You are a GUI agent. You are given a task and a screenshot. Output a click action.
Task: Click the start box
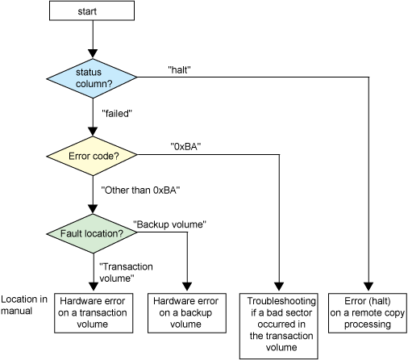[x=92, y=10]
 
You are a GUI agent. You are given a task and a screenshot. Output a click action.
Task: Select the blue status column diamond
[x=92, y=78]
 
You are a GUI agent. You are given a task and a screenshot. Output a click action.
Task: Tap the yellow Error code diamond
[x=92, y=156]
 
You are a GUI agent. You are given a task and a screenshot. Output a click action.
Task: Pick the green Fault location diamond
[x=92, y=233]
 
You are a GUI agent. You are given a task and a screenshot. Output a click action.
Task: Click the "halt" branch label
[x=179, y=70]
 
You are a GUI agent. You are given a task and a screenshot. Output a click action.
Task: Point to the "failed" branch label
[x=117, y=114]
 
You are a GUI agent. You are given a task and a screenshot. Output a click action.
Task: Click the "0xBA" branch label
[x=185, y=147]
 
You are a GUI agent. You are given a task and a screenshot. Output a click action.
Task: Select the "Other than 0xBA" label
[x=140, y=190]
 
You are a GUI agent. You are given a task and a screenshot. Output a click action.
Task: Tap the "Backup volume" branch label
[x=170, y=224]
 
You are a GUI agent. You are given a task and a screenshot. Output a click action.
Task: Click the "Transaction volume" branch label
[x=126, y=272]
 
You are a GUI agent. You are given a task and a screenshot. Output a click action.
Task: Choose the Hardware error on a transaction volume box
[x=94, y=313]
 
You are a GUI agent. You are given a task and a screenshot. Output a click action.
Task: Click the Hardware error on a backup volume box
[x=187, y=313]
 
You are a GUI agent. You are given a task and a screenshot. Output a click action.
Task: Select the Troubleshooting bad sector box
[x=279, y=326]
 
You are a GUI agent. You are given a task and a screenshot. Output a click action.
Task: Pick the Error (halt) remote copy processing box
[x=368, y=313]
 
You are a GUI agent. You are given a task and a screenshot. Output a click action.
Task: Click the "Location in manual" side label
[x=24, y=305]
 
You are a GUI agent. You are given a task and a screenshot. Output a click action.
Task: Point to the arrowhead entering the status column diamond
[x=93, y=54]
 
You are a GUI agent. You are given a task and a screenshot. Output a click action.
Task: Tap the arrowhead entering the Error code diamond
[x=93, y=132]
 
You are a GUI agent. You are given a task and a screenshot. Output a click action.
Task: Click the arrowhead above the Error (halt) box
[x=368, y=287]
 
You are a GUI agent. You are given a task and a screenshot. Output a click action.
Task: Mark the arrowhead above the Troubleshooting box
[x=279, y=287]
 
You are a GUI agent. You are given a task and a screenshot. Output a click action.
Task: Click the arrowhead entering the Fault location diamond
[x=93, y=209]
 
